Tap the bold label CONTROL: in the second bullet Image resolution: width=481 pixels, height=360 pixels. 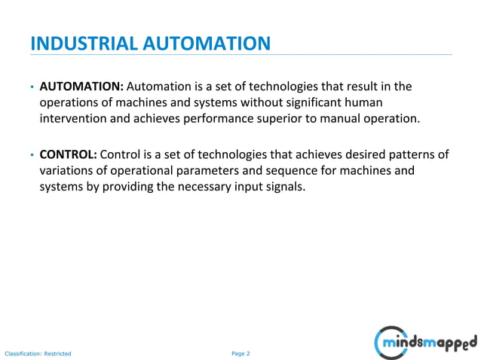tap(68, 154)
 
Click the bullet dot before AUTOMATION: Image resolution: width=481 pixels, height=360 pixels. tap(32, 88)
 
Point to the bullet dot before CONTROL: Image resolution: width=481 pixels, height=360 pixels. tap(32, 155)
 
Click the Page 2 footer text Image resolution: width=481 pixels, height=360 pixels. tap(240, 353)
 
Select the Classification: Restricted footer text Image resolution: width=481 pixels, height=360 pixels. tap(38, 353)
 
